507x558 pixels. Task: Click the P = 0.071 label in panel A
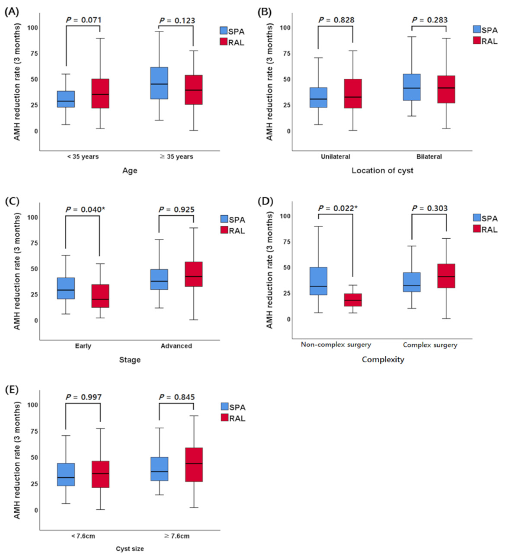(84, 20)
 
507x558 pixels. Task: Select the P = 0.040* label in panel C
(85, 209)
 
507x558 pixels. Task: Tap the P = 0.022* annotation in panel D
(338, 208)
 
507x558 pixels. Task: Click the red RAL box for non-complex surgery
(353, 300)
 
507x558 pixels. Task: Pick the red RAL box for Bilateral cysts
(446, 89)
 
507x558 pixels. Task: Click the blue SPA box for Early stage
(66, 288)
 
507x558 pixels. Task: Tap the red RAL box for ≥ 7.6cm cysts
(194, 465)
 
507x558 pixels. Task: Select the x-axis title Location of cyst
(382, 171)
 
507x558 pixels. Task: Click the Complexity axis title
(383, 360)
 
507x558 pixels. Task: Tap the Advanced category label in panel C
(176, 346)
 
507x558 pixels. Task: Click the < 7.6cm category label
(83, 536)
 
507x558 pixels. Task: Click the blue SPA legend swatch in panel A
(223, 30)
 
